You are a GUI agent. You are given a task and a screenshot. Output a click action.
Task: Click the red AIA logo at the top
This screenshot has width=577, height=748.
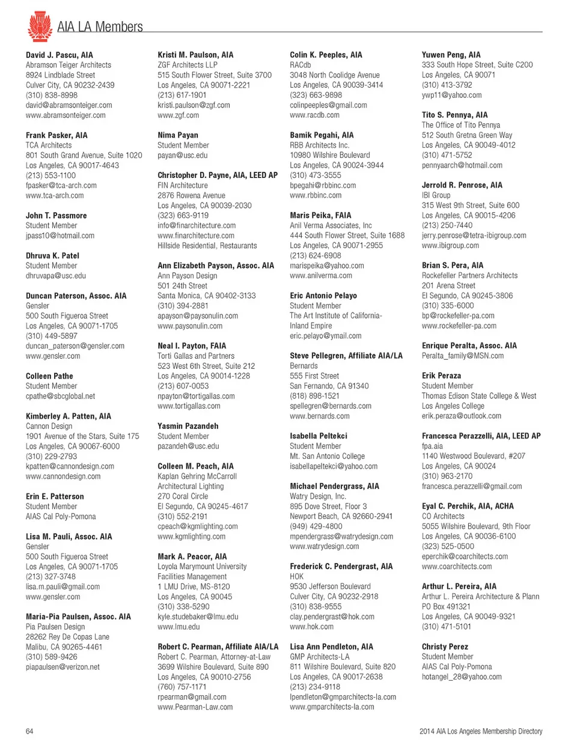point(40,26)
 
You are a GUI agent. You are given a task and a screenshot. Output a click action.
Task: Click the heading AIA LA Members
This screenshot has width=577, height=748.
point(100,27)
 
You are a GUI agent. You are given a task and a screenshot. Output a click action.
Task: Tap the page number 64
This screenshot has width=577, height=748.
point(29,731)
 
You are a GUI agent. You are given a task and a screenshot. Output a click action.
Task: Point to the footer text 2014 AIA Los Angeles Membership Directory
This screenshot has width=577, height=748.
point(480,731)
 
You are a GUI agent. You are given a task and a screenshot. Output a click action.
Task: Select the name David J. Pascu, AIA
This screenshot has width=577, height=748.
point(60,55)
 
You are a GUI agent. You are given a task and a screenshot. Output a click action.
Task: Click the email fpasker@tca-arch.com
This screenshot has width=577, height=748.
point(61,185)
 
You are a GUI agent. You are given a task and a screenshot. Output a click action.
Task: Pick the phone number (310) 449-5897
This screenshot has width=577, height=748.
point(51,336)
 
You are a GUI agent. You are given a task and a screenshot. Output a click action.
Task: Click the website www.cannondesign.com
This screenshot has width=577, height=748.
point(63,476)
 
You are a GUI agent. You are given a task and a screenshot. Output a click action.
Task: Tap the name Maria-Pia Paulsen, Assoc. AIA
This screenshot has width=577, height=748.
point(78,616)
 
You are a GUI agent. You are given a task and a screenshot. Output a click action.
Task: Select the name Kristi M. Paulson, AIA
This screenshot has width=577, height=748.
point(195,55)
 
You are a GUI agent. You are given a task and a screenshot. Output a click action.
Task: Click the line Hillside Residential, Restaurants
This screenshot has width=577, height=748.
point(207,246)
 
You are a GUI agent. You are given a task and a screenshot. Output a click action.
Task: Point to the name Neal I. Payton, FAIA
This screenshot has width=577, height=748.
point(192,345)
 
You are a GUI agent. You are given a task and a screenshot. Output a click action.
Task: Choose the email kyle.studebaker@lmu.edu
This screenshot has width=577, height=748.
point(198,616)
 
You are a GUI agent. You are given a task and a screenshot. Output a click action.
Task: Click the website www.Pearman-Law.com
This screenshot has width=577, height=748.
point(195,707)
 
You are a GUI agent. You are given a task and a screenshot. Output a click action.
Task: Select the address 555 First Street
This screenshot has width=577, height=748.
point(314,376)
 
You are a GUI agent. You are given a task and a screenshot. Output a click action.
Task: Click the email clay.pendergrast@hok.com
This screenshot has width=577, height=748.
point(332,616)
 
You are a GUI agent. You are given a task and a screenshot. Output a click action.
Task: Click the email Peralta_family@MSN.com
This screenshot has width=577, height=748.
point(463,356)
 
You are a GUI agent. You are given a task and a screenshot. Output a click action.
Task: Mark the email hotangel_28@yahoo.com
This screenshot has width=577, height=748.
point(462,677)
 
